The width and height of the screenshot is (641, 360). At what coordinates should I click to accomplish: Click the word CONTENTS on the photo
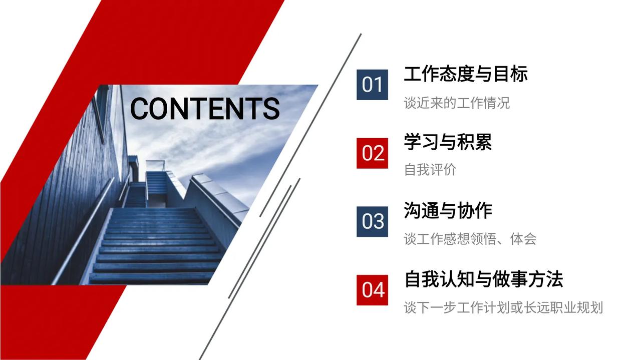click(205, 109)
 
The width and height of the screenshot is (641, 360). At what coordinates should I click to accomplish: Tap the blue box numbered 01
click(372, 85)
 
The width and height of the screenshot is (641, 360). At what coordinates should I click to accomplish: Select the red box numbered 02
click(372, 153)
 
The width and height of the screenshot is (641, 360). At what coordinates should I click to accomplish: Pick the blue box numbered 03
click(372, 221)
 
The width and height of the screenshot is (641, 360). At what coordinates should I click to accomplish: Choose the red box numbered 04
click(372, 290)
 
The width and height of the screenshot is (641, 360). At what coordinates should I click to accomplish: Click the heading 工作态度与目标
click(466, 74)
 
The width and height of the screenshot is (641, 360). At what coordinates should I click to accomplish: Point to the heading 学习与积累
click(448, 142)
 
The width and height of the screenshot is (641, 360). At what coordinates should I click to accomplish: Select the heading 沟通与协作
click(448, 211)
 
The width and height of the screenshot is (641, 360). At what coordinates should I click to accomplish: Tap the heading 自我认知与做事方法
click(484, 279)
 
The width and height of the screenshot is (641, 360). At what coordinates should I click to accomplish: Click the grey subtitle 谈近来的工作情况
click(457, 103)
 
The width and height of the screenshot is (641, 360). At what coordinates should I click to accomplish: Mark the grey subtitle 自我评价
click(430, 170)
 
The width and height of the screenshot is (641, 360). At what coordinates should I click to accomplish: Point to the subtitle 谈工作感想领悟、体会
click(470, 239)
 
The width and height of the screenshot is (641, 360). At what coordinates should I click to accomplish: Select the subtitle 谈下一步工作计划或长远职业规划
click(503, 307)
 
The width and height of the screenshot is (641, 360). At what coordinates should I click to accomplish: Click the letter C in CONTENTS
click(140, 109)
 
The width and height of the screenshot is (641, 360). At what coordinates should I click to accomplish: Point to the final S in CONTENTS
click(271, 109)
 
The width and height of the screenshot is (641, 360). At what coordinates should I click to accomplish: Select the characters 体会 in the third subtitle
click(523, 239)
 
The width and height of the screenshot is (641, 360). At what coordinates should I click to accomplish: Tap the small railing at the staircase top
click(155, 165)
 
